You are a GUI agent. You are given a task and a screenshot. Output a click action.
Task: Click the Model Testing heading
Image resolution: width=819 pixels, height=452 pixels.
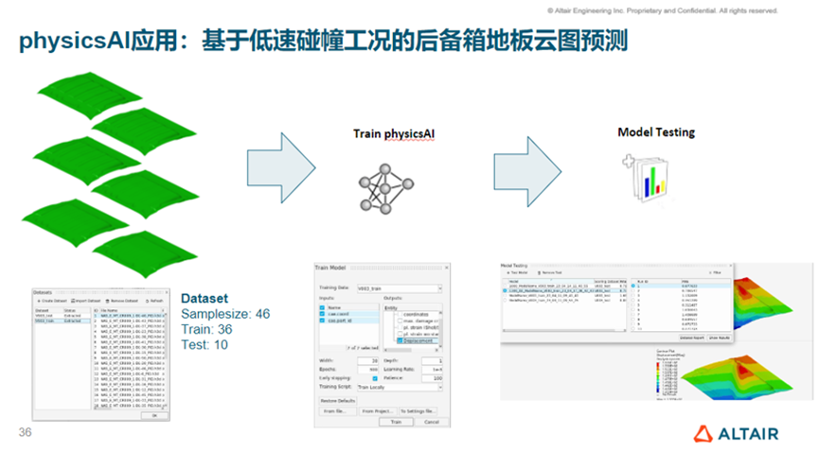click(x=655, y=132)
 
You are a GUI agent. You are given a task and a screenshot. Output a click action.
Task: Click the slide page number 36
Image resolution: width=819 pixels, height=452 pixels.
click(x=26, y=432)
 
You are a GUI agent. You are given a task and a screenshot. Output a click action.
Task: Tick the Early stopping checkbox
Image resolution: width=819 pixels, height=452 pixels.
click(x=375, y=378)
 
